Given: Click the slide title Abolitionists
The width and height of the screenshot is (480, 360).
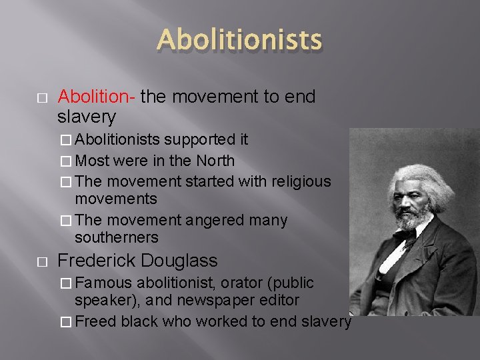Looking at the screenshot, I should [x=239, y=41].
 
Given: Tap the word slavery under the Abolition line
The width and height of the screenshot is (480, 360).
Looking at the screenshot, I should [x=87, y=117].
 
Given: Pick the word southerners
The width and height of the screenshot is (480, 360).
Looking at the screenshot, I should [x=117, y=237].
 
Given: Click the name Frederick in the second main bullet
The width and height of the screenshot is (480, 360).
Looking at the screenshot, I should [x=97, y=261].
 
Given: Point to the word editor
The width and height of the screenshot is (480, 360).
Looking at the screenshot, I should [x=281, y=301].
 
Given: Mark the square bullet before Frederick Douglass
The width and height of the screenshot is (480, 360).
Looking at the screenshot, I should [x=41, y=261].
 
